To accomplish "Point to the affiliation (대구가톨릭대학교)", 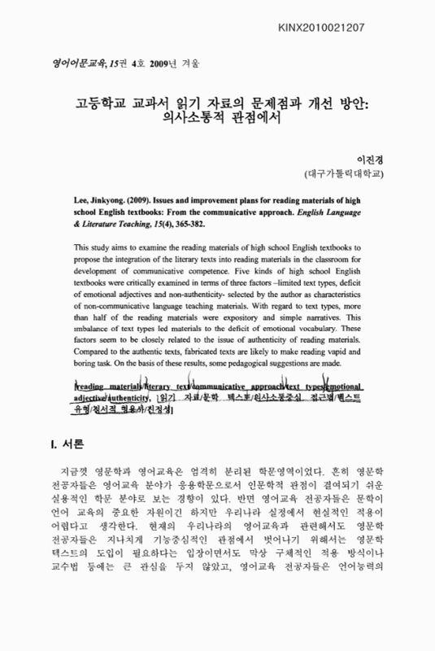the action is click(347, 174).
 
